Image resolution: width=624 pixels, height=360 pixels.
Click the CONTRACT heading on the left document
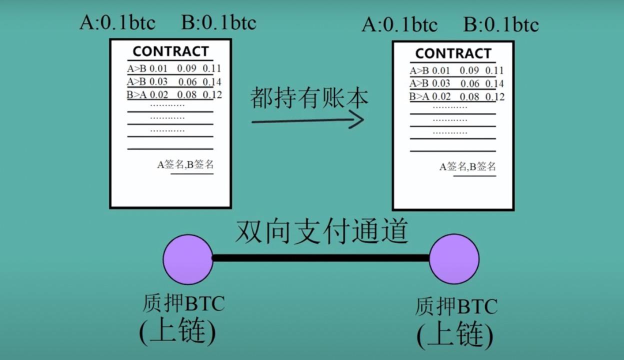(x=171, y=51)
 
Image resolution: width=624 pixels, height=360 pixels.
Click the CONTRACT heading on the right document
(x=453, y=53)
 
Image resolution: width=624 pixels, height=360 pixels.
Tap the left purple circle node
(x=188, y=259)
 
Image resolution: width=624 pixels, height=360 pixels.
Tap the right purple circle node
(x=454, y=259)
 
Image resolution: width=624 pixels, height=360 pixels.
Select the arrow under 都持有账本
(x=308, y=120)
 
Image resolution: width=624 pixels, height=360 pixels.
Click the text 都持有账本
(x=309, y=97)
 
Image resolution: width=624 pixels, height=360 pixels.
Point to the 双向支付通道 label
(x=322, y=231)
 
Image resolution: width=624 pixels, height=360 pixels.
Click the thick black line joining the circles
(x=321, y=258)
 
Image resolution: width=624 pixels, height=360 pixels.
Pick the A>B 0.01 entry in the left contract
(x=147, y=68)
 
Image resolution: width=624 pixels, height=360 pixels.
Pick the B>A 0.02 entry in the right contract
(x=430, y=96)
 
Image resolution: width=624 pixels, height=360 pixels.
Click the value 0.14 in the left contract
(x=211, y=82)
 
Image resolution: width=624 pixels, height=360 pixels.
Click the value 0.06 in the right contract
(x=470, y=83)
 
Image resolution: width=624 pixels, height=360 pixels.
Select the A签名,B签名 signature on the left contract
(x=185, y=164)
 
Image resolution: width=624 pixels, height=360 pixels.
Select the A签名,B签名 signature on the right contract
(x=467, y=166)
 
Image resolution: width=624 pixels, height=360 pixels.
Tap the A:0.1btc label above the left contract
(x=117, y=22)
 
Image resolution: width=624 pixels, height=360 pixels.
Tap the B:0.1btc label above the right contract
(x=501, y=24)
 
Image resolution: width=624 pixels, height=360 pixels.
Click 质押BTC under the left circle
(x=183, y=303)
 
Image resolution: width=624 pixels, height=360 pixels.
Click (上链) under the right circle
(x=455, y=334)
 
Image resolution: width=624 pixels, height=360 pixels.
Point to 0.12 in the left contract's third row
(x=212, y=95)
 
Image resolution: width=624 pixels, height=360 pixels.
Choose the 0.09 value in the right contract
(x=469, y=70)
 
